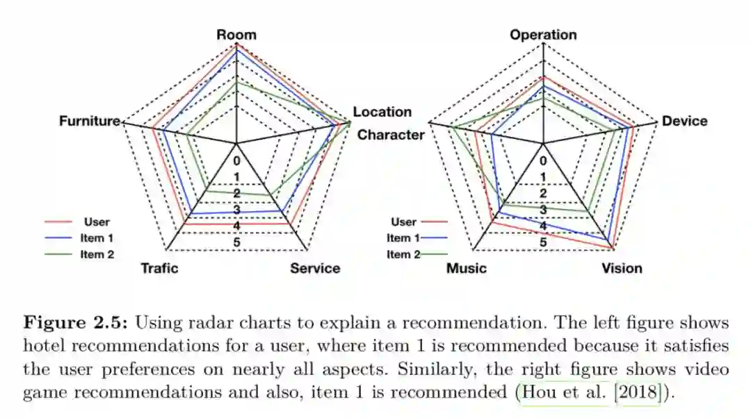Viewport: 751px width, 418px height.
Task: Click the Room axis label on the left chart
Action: coord(236,35)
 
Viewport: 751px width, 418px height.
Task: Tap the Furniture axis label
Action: coord(90,121)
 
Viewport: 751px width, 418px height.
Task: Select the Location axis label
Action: coord(382,112)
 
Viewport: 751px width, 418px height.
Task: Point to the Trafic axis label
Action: coord(159,268)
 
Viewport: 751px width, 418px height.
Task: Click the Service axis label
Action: coord(315,268)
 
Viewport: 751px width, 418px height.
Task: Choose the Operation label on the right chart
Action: coord(543,35)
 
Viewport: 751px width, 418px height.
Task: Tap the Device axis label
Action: coord(684,121)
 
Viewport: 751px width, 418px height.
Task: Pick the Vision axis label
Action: coord(622,268)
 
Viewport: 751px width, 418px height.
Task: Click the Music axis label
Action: coord(466,268)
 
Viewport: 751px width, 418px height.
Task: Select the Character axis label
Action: coord(390,135)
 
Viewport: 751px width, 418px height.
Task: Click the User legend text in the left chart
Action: coord(96,222)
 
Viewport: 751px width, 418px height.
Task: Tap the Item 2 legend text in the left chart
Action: coord(97,254)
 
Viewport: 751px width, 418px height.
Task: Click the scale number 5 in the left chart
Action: coord(236,242)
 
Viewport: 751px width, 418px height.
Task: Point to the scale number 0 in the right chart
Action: coord(543,160)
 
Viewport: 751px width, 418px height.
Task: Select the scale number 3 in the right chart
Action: coord(543,210)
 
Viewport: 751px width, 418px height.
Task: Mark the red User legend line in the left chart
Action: coord(58,222)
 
